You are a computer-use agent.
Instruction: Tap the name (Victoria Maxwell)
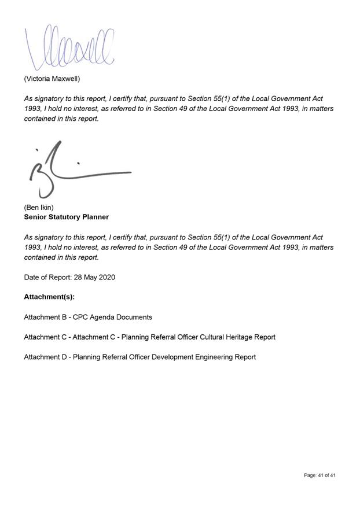pyautogui.click(x=52, y=78)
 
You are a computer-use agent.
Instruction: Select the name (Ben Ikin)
pyautogui.click(x=39, y=207)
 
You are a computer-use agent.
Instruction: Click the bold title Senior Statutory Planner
pyautogui.click(x=66, y=217)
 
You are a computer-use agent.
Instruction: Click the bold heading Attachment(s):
pyautogui.click(x=49, y=297)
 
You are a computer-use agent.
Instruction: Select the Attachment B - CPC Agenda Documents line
pyautogui.click(x=88, y=317)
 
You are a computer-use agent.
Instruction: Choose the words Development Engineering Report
pyautogui.click(x=208, y=357)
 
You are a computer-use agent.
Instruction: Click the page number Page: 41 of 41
pyautogui.click(x=319, y=475)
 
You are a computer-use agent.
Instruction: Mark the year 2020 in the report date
pyautogui.click(x=106, y=277)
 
